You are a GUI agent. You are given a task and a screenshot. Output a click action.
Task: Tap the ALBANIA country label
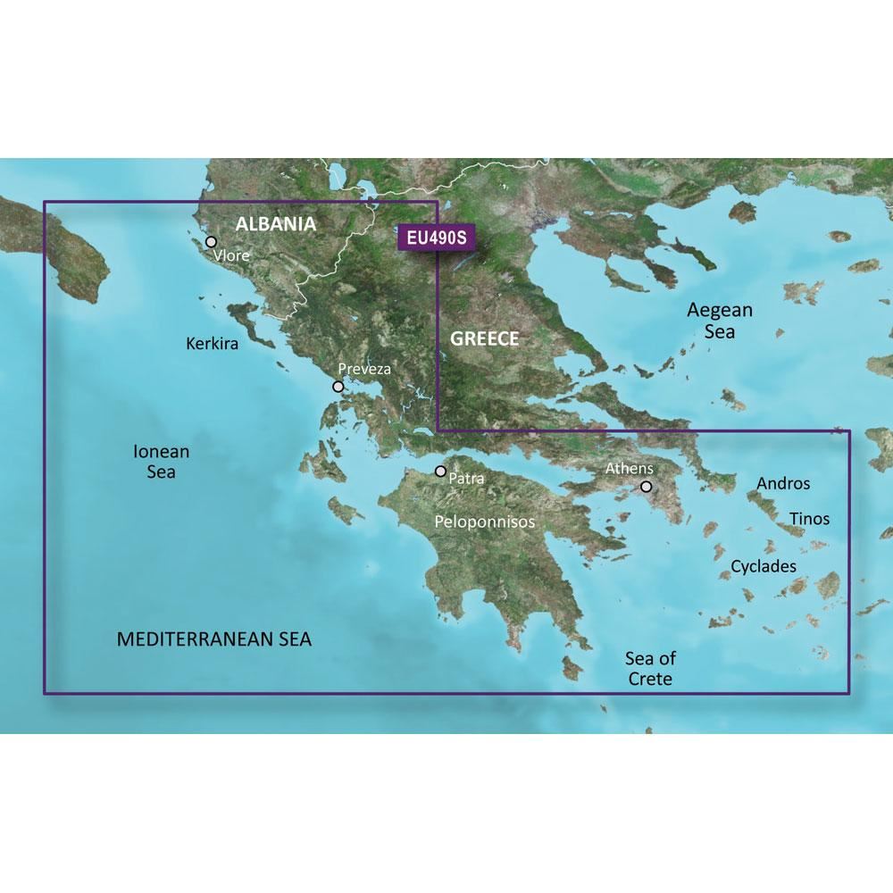(x=275, y=224)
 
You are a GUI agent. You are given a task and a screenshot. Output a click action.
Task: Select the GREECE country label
(x=484, y=338)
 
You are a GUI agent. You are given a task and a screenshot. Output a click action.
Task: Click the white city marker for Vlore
(x=212, y=241)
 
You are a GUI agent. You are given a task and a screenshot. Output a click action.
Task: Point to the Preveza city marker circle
(x=338, y=387)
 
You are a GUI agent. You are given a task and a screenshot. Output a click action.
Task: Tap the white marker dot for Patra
(x=440, y=471)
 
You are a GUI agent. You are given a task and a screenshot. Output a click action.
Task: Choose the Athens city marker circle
(x=646, y=487)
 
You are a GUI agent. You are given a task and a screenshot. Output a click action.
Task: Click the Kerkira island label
(x=213, y=343)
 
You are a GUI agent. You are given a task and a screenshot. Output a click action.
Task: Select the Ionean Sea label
(x=161, y=462)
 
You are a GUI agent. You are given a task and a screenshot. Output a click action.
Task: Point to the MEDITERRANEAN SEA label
(x=214, y=639)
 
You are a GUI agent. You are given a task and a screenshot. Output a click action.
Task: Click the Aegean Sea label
(x=720, y=321)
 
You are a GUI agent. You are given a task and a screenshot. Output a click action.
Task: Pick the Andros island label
(x=783, y=483)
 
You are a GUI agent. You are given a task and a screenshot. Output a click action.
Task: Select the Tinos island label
(x=809, y=518)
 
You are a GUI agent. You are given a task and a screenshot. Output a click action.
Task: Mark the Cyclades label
(x=764, y=566)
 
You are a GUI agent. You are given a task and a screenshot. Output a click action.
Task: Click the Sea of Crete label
(x=650, y=669)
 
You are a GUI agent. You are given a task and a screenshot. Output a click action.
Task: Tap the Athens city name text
(x=630, y=468)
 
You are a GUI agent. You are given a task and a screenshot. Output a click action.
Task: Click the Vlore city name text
(x=230, y=256)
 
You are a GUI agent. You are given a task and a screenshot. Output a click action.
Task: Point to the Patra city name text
(x=468, y=479)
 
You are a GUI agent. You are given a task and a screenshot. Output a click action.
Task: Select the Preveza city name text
(x=364, y=368)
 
